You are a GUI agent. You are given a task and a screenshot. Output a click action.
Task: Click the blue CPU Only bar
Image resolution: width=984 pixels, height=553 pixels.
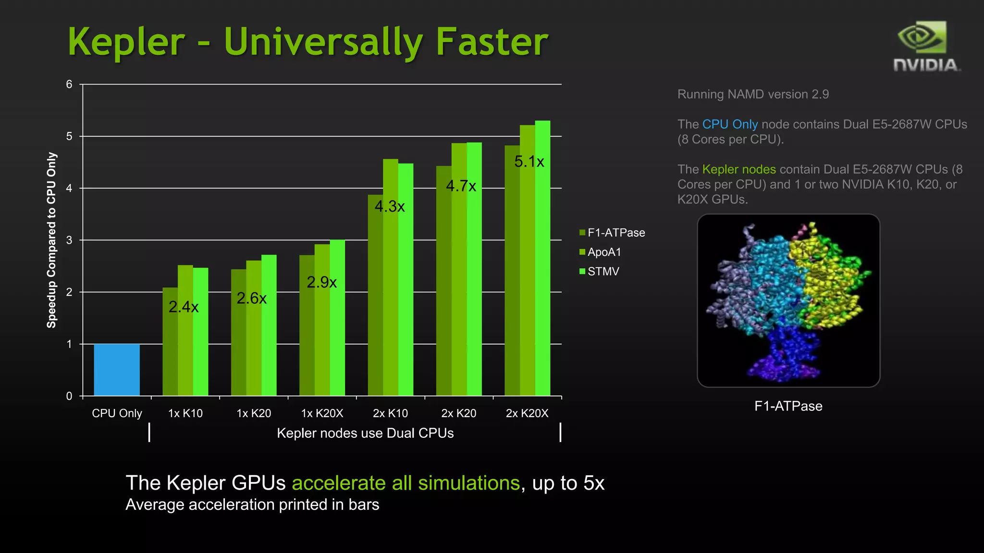117,370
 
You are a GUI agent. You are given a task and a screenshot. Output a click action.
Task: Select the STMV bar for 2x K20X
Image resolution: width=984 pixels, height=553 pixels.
542,259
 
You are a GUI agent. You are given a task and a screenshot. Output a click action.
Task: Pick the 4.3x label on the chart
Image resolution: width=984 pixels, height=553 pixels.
390,206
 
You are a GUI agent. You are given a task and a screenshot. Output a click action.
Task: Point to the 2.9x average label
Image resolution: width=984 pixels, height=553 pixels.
321,282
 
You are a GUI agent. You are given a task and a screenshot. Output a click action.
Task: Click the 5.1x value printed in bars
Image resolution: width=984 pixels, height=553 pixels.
529,162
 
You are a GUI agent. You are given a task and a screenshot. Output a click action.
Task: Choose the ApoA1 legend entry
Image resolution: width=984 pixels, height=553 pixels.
603,252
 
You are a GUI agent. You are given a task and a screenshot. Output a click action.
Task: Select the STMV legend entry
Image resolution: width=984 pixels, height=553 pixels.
603,272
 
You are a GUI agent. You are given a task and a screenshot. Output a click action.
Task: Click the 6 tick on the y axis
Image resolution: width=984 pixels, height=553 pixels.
69,84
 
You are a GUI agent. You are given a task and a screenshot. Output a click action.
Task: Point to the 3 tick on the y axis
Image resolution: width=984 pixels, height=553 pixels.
69,240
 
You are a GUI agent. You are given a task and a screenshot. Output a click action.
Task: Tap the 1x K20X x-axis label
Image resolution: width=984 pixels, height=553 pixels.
322,413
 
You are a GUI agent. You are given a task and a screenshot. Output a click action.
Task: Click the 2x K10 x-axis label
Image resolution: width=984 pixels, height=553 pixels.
390,413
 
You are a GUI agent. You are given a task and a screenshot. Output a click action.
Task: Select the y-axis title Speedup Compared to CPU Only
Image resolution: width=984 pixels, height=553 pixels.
51,240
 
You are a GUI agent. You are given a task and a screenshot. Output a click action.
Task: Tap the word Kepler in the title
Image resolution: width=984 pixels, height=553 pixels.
126,42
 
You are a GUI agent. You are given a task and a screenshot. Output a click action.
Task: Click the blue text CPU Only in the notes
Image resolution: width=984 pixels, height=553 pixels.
730,124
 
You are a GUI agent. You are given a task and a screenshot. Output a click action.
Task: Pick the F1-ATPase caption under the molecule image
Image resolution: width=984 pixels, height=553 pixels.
788,406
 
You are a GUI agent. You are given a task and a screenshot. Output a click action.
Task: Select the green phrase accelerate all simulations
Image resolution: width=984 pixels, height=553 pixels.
406,483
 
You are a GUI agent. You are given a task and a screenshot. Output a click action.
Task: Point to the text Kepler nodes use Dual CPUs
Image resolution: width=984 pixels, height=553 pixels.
365,433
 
